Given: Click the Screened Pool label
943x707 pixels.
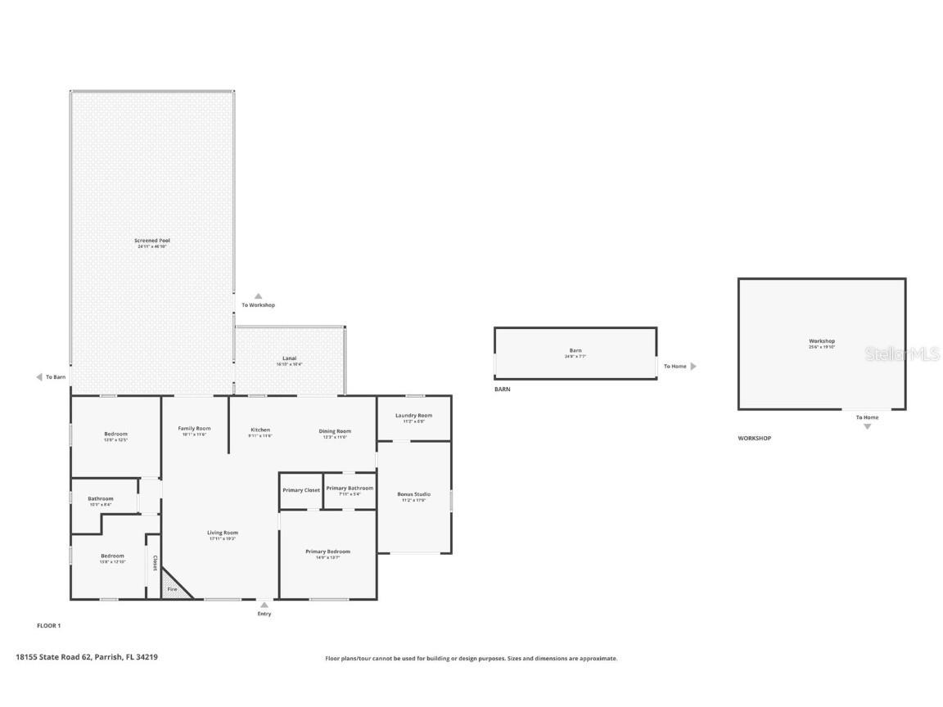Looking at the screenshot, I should [152, 241].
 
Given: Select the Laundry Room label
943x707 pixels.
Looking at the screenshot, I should [413, 416].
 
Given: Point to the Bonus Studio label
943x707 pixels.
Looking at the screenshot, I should [413, 494].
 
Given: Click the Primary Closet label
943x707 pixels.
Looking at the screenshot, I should [301, 490].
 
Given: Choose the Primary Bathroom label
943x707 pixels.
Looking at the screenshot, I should [350, 489].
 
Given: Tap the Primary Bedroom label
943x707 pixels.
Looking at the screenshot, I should [327, 552].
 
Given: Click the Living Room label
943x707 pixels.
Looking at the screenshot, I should [223, 533].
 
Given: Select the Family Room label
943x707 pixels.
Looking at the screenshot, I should [194, 429].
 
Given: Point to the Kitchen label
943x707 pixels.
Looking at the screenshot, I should [260, 430].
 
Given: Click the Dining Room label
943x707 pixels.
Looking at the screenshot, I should [335, 431].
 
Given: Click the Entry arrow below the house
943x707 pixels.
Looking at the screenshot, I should [264, 606].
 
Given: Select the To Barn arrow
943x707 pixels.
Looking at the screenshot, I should [38, 377].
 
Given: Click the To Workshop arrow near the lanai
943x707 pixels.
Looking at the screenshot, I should [258, 296].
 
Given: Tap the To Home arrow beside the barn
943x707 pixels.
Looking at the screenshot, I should [693, 367].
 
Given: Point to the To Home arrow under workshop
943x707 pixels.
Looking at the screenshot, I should [868, 426].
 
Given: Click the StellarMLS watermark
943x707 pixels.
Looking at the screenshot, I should [903, 354].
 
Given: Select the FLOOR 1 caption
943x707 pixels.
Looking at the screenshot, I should [49, 626].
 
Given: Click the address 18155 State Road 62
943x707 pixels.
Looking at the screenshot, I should [87, 656].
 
